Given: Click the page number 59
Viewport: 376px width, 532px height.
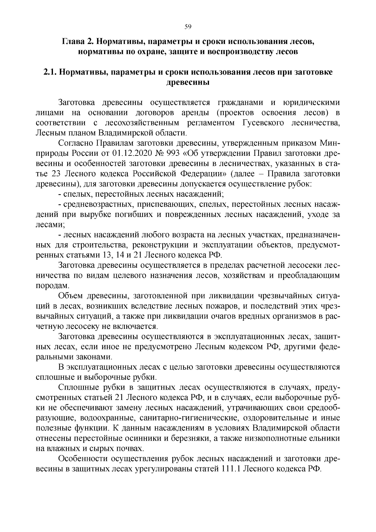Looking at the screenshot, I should [x=188, y=27].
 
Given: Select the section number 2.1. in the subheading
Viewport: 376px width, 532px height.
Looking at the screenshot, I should [x=50, y=72].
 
